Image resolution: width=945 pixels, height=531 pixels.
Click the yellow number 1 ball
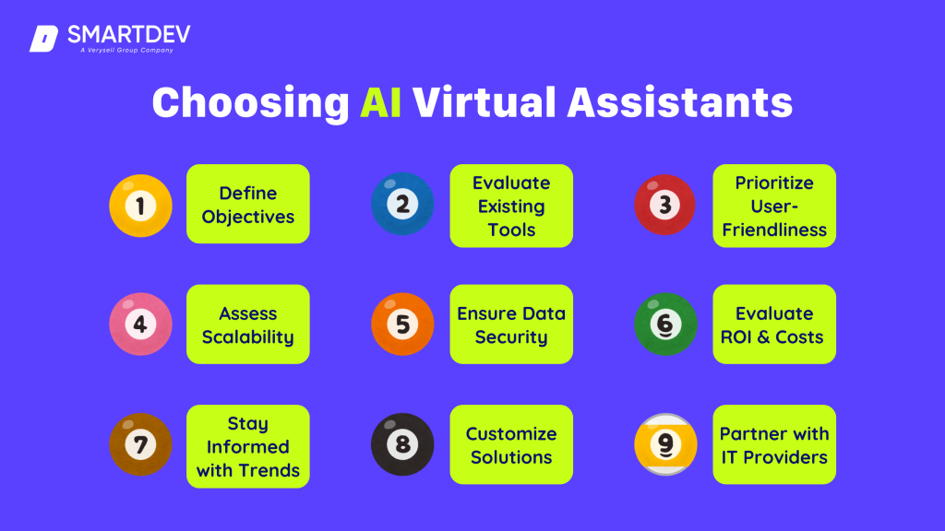click(140, 205)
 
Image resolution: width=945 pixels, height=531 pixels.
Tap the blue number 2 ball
click(402, 205)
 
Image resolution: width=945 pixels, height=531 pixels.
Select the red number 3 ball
click(665, 205)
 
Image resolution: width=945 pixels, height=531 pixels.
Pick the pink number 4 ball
click(140, 324)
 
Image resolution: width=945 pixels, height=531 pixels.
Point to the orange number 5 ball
click(402, 324)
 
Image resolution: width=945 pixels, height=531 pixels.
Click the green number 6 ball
click(665, 324)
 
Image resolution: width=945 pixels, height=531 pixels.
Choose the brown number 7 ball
click(140, 444)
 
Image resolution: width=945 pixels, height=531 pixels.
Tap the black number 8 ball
click(402, 444)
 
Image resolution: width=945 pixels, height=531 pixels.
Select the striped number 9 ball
click(665, 444)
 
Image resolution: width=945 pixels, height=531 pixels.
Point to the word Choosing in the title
click(249, 103)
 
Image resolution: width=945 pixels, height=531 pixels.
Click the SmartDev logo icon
click(43, 40)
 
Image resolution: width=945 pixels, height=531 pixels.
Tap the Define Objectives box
click(248, 205)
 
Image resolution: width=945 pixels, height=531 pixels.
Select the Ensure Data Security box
click(511, 324)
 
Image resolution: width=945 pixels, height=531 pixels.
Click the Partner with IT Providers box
click(773, 444)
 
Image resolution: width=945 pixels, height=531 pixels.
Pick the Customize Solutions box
click(511, 444)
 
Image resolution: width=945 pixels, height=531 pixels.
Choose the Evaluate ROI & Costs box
click(773, 324)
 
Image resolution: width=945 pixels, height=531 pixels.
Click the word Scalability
click(248, 337)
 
